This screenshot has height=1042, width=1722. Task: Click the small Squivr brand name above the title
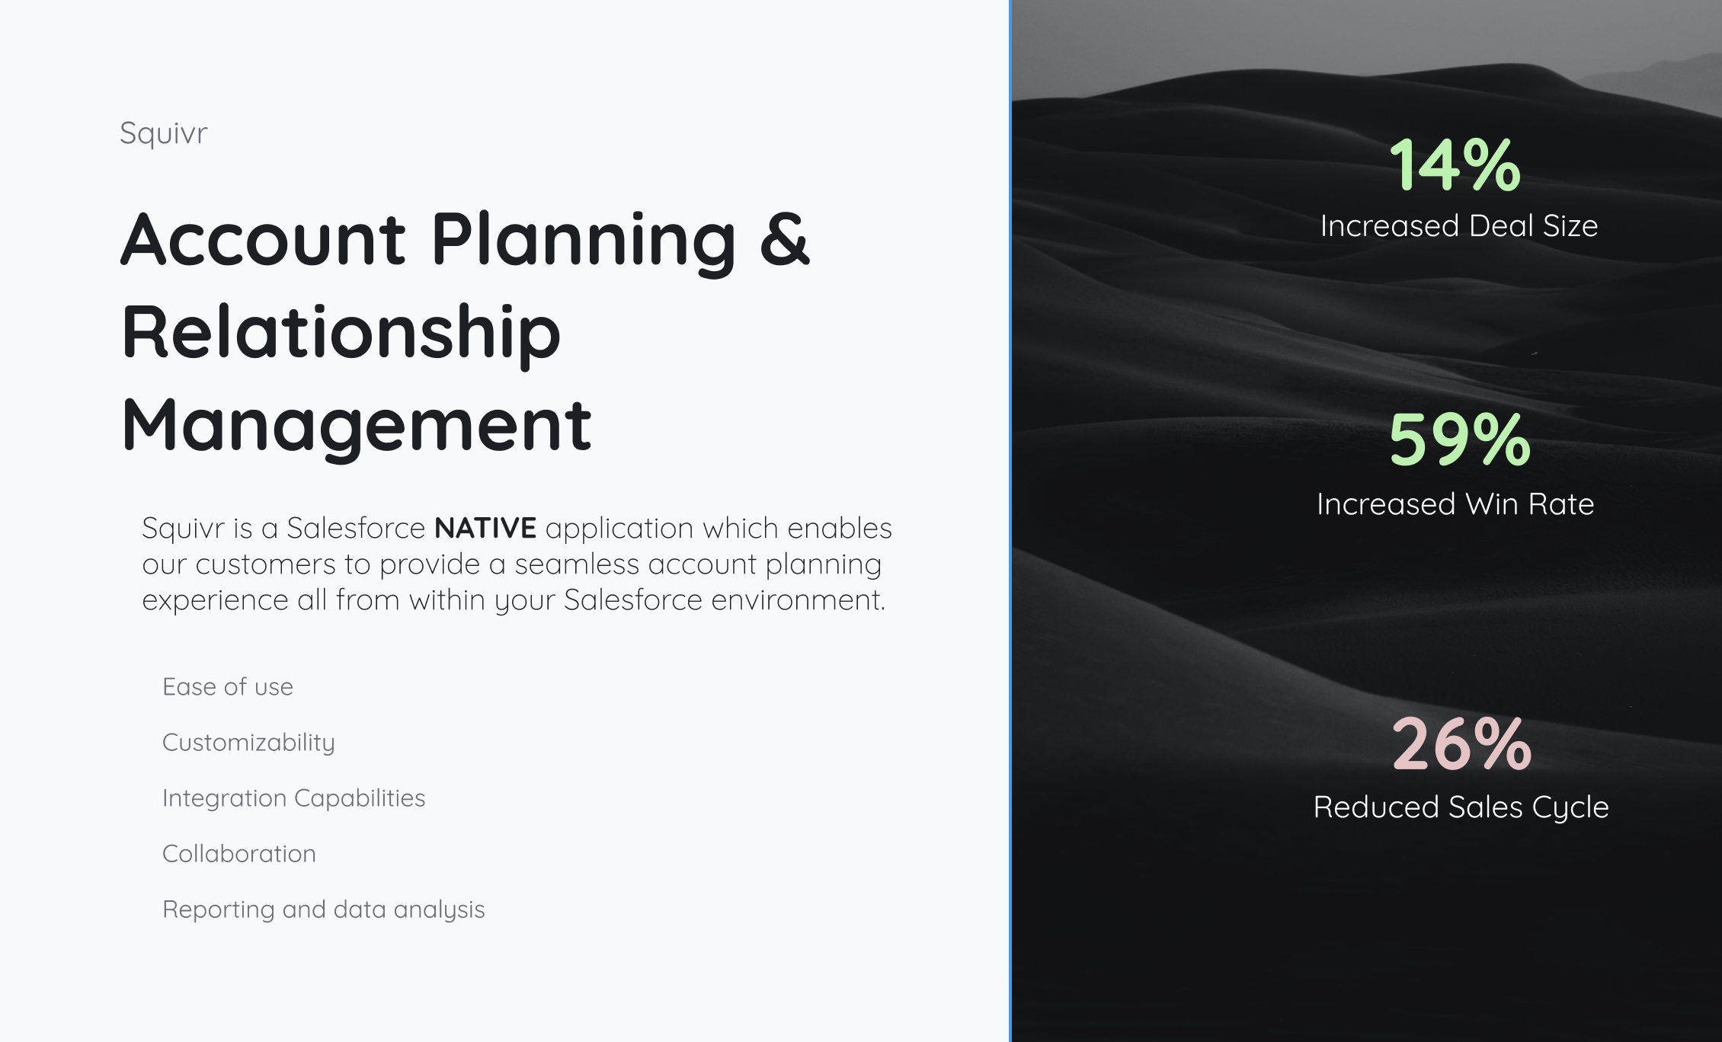(163, 134)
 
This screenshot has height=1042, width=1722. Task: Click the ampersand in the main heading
(785, 239)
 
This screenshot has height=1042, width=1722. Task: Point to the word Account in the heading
(263, 239)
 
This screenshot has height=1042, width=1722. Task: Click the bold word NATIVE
(485, 528)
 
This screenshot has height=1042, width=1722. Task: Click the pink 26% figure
(1461, 743)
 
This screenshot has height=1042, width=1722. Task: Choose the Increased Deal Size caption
(1459, 226)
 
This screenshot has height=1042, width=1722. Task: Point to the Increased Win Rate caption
(1455, 504)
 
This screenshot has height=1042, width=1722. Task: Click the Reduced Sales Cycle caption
(1461, 807)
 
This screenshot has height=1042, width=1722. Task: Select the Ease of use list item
(228, 687)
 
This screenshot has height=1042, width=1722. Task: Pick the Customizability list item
(248, 743)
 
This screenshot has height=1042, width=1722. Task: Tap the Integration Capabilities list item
(293, 799)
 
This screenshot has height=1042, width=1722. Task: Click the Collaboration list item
(239, 854)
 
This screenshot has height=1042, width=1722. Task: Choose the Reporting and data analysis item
(323, 910)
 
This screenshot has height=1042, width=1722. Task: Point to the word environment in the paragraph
(799, 600)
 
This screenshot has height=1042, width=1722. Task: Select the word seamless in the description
(577, 564)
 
